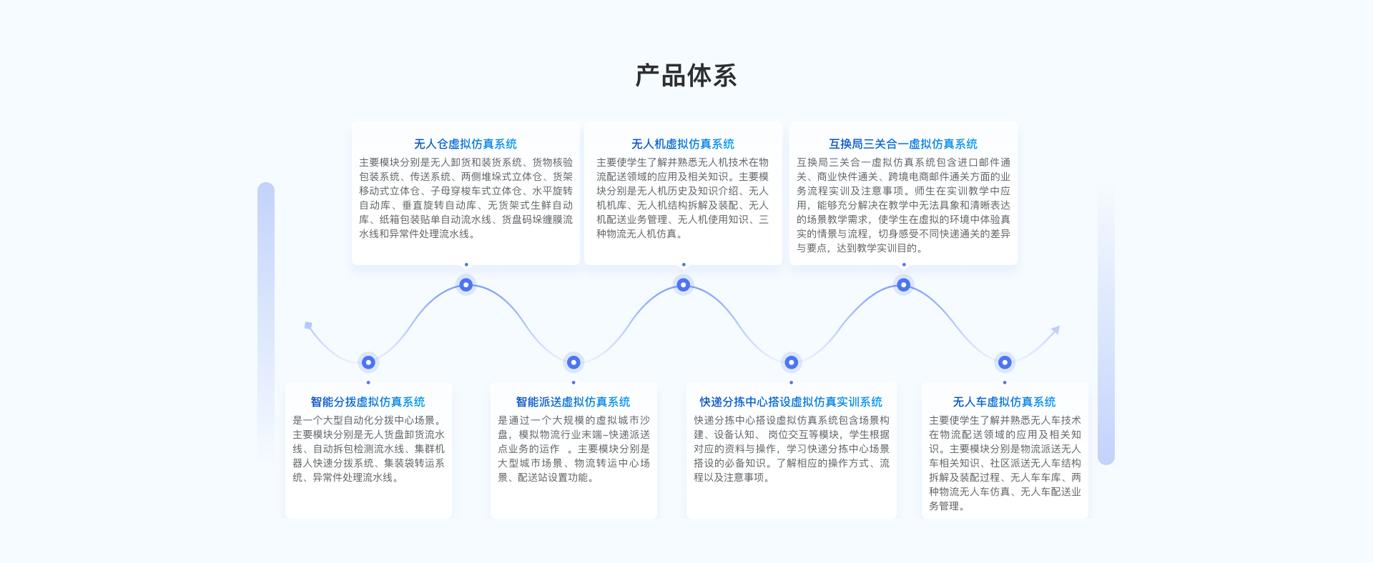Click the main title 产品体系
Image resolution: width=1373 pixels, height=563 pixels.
point(686,76)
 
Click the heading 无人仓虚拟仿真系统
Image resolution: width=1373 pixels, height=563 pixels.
point(466,144)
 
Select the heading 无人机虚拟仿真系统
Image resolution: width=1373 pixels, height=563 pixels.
point(683,144)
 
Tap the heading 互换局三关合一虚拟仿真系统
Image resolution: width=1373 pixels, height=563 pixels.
point(903,144)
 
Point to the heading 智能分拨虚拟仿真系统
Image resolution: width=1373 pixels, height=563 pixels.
point(368,402)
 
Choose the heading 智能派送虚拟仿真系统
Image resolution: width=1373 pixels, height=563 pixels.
point(573,402)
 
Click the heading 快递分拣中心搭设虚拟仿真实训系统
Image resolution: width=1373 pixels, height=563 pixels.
point(791,402)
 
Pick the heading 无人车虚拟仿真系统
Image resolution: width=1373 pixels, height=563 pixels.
point(1004,402)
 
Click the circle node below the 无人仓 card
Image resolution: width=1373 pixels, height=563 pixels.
point(466,285)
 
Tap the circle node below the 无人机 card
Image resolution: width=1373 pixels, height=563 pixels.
point(684,285)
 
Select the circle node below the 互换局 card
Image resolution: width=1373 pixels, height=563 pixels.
point(904,285)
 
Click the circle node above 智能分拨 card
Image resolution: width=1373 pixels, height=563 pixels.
point(368,362)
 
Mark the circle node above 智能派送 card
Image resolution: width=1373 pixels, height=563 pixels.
point(574,362)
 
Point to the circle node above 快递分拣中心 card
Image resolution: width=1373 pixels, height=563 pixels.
point(792,362)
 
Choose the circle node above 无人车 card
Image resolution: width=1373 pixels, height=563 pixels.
point(1005,362)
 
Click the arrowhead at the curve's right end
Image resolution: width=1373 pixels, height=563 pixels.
point(1055,329)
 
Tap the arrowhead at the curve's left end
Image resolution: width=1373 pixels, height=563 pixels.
point(308,326)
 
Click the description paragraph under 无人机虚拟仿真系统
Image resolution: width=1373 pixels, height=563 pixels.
point(683,198)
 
